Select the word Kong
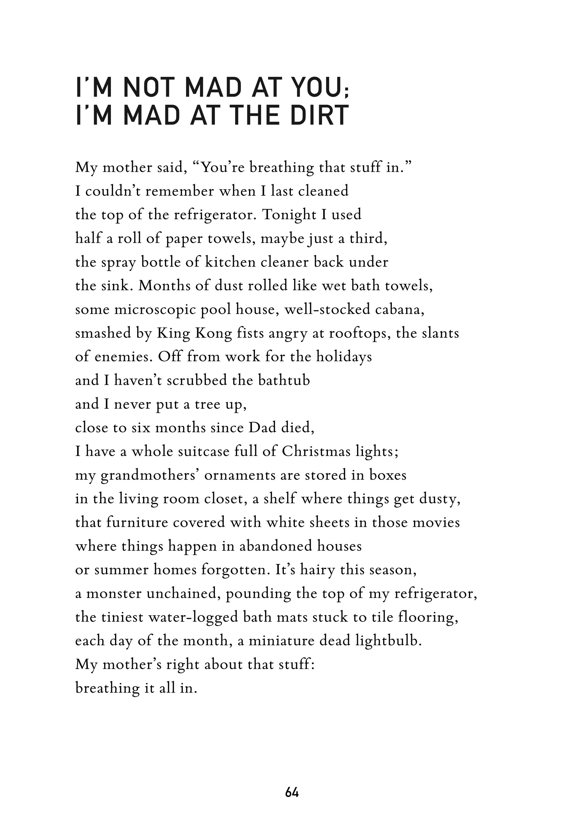(x=213, y=333)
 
